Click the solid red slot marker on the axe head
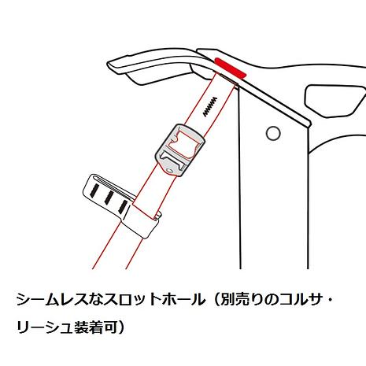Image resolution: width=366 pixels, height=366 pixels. (x=231, y=68)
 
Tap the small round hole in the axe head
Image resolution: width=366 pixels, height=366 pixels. (x=273, y=133)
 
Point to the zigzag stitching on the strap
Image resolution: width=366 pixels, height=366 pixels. (x=210, y=107)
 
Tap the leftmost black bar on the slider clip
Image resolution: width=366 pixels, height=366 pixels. (x=94, y=190)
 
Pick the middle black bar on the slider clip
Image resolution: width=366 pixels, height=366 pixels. (x=109, y=198)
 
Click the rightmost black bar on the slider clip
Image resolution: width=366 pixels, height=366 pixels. (x=124, y=206)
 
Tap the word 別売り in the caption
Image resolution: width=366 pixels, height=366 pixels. (x=243, y=300)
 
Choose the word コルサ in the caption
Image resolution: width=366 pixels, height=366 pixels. (x=301, y=300)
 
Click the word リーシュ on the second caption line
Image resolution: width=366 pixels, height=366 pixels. (x=44, y=327)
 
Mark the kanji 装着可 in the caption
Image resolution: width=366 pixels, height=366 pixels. (x=95, y=327)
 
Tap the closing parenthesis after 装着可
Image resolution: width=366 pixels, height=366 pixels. (x=121, y=327)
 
